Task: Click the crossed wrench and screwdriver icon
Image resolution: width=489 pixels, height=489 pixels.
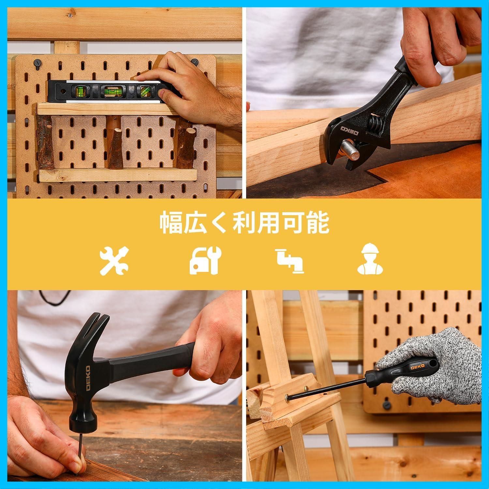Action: coord(114,260)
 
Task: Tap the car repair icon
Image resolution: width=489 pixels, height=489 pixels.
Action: coord(205,260)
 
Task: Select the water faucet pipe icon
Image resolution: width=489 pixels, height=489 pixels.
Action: coord(289,260)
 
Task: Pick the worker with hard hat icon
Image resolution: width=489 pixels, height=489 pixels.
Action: coord(370,260)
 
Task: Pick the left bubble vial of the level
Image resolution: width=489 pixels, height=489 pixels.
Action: coord(80,91)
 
